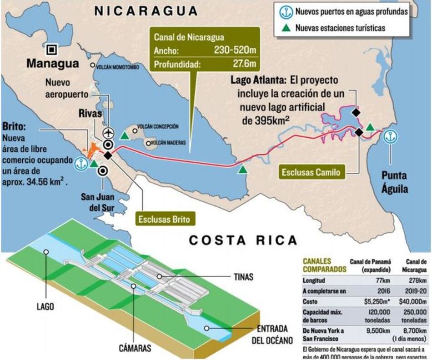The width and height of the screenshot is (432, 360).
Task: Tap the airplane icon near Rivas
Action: coord(108,133)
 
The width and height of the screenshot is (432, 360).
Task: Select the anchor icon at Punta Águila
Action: coord(390,136)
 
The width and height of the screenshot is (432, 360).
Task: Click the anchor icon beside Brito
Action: coord(82,163)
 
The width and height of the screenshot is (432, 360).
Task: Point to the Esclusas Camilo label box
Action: coord(311,173)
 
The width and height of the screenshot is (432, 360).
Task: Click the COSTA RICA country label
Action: coord(243,240)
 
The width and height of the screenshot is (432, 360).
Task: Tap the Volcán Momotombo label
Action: coord(117,66)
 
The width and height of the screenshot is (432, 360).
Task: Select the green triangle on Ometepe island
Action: coord(124,135)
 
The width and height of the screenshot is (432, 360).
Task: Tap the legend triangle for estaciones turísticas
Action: coord(286,28)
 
